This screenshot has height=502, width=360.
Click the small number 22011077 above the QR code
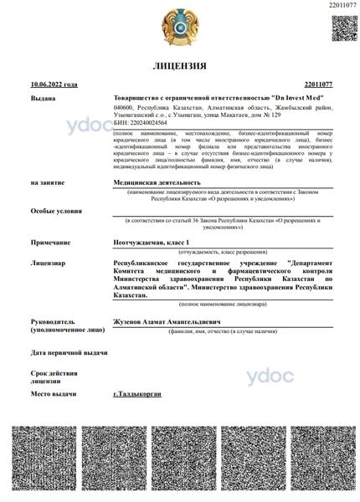point(343,6)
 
